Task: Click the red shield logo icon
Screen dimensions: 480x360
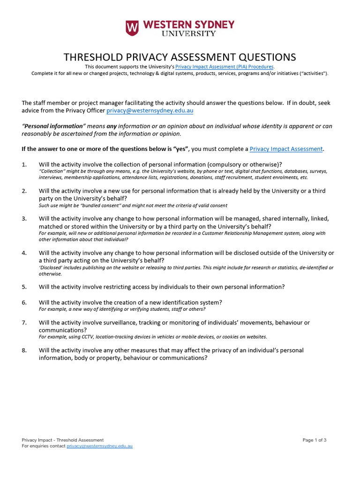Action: [132, 28]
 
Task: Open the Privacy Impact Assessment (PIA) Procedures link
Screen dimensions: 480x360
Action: [224, 67]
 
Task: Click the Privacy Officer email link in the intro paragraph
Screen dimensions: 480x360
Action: [150, 111]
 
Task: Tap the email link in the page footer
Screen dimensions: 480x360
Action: [99, 446]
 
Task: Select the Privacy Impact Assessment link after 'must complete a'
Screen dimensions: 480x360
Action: [286, 149]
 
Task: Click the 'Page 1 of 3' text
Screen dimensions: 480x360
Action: [314, 440]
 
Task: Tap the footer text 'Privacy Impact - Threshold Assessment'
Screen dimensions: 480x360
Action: [63, 440]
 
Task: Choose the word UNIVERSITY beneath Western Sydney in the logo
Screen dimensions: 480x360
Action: [189, 34]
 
